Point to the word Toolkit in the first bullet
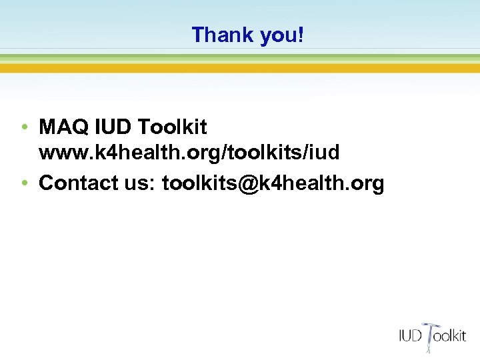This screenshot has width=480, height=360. (175, 126)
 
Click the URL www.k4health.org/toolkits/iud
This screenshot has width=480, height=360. (189, 153)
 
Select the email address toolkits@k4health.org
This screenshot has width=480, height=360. (273, 183)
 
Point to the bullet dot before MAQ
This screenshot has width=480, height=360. (23, 127)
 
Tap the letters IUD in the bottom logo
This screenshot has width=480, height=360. (411, 335)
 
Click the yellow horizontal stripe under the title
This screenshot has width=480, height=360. (240, 68)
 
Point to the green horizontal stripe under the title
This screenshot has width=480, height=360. (240, 58)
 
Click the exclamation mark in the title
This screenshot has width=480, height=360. (301, 35)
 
